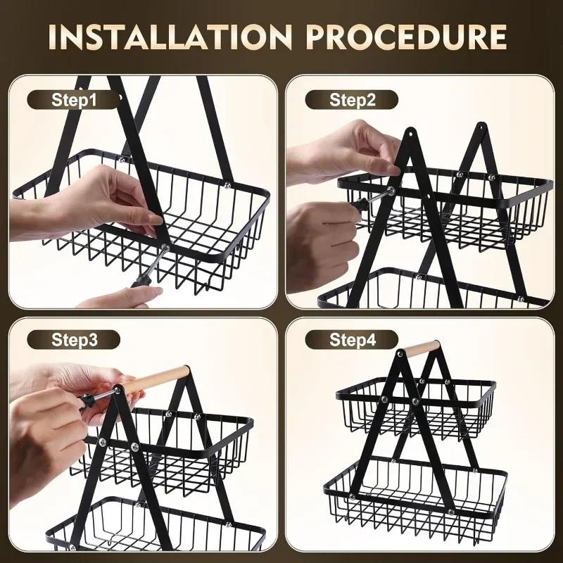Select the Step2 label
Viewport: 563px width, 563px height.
point(353,100)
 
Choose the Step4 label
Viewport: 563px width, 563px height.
point(353,340)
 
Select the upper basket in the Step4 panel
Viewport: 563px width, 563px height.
point(415,408)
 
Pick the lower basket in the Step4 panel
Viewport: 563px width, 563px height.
point(415,493)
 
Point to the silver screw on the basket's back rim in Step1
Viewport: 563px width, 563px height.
point(227,184)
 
